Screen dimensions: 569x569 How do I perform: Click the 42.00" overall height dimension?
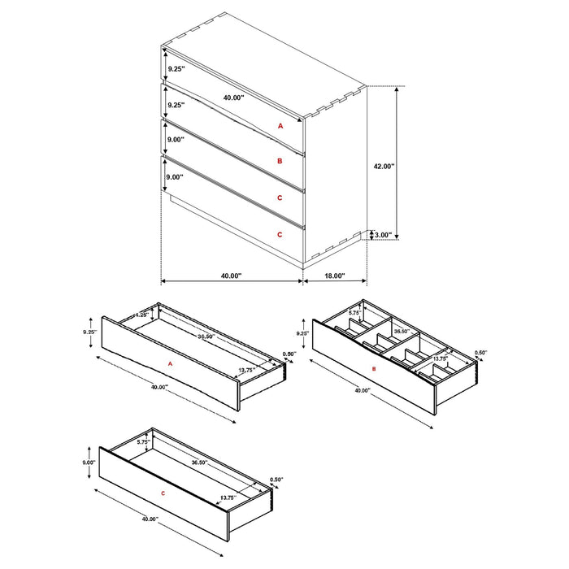(x=384, y=166)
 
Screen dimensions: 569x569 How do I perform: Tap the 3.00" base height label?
(x=383, y=236)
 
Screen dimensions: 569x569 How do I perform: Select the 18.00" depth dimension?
(x=333, y=276)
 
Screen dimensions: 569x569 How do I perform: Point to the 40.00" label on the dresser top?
(x=233, y=98)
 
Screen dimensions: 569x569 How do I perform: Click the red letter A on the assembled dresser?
(x=280, y=126)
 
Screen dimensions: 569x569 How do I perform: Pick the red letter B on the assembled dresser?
(x=280, y=161)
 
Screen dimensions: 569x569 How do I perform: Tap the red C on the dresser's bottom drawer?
(x=280, y=234)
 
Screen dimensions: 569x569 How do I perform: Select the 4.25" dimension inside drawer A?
(x=140, y=315)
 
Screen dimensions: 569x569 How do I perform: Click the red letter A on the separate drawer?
(x=171, y=364)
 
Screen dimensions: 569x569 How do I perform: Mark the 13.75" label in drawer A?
(x=247, y=370)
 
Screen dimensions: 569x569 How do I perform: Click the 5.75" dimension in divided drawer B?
(x=354, y=312)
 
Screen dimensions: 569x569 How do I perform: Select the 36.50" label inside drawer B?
(x=401, y=332)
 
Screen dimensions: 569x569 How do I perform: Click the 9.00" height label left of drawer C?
(x=89, y=462)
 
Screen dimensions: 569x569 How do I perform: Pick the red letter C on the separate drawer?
(x=163, y=493)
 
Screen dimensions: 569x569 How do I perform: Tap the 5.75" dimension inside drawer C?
(x=142, y=442)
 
